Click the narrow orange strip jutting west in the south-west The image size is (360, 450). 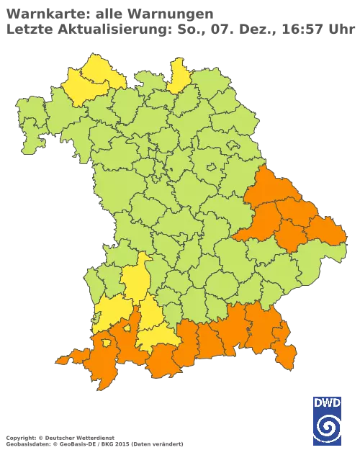point(68,358)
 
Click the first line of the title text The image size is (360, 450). point(108,14)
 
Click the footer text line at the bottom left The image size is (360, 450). point(94,437)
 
